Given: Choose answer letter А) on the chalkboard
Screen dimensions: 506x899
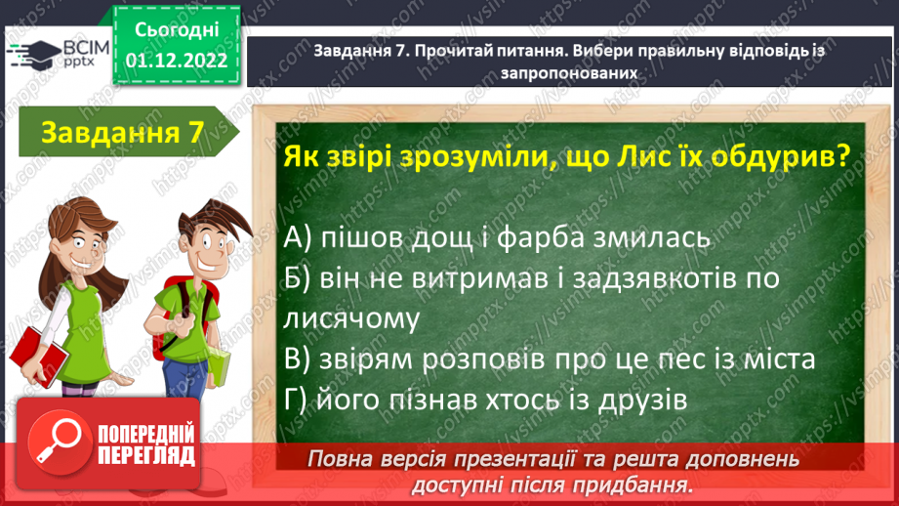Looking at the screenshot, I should click(298, 237).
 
